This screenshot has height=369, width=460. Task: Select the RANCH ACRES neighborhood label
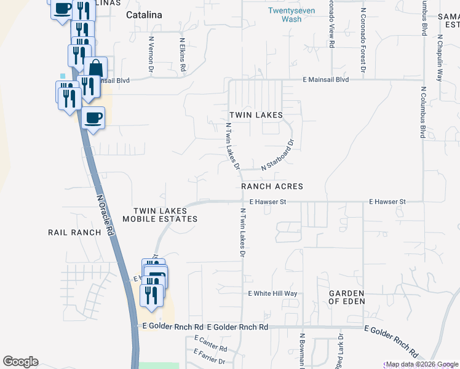tap(272, 186)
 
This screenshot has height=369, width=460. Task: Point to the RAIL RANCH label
tap(74, 232)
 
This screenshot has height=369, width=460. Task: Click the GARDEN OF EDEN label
tap(346, 298)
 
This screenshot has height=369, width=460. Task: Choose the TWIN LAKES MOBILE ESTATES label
tap(160, 215)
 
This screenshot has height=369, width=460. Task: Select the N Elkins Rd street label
tap(182, 55)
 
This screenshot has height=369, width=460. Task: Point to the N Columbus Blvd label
tap(423, 113)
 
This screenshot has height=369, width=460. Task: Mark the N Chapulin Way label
tap(440, 58)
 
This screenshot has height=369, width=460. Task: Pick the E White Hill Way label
tap(272, 294)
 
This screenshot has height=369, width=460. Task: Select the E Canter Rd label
tap(210, 344)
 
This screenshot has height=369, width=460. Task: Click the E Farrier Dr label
tap(210, 356)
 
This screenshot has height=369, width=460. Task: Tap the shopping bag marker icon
tap(95, 66)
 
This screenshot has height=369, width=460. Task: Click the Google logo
tap(20, 362)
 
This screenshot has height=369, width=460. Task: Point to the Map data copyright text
tap(421, 364)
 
